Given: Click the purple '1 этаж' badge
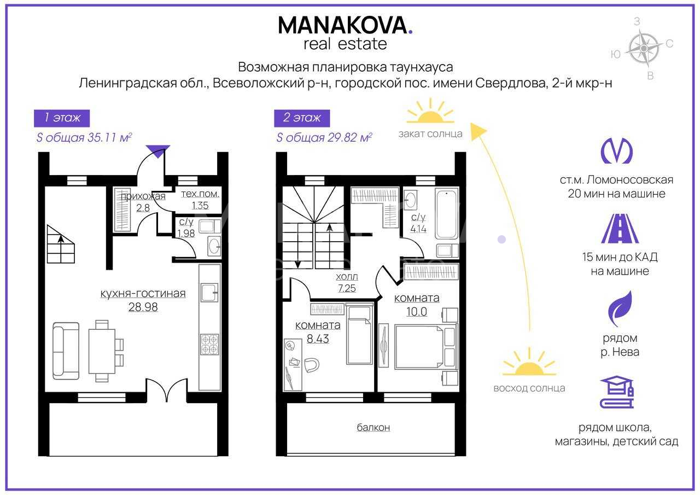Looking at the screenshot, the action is tap(62, 118).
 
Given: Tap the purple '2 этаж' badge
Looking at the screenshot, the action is tap(302, 118).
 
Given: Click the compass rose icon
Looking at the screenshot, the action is tap(644, 49).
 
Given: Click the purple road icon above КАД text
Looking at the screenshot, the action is tap(620, 229).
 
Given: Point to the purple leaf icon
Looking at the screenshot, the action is tap(620, 308).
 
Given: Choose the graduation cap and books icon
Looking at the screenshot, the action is tap(617, 392).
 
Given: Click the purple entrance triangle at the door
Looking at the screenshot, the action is tap(159, 150).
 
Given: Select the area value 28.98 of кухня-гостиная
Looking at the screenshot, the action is tap(143, 307).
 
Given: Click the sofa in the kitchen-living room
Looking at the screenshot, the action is tap(66, 351).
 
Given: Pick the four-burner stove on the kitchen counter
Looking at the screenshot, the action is tap(209, 345).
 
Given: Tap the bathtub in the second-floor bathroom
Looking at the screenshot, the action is tap(447, 215).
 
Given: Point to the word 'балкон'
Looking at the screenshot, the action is tap(373, 427).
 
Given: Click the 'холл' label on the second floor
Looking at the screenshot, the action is tap(347, 277).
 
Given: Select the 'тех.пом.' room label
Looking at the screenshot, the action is tap(200, 194).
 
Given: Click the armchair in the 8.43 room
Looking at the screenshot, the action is tap(312, 365).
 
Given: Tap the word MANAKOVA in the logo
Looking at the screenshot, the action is tap(342, 25).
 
